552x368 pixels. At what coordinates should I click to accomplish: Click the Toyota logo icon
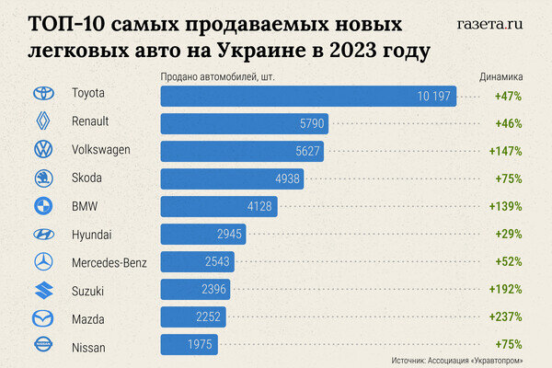coord(42,94)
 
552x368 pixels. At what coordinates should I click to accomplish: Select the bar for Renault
coord(244,123)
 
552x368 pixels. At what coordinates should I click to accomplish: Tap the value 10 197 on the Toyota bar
coord(433,96)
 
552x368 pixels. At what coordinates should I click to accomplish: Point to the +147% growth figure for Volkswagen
coord(506,150)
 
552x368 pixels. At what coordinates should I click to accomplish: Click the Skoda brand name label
coord(86,178)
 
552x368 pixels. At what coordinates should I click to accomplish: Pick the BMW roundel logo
coord(42,206)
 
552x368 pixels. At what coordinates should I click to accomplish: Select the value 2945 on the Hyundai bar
coord(225,234)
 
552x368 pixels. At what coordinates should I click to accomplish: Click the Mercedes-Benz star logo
coord(42,262)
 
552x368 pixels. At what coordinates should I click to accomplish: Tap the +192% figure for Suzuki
coord(506,290)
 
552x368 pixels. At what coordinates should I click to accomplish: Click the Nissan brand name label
coord(88,346)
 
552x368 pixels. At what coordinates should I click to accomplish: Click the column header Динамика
coord(500,77)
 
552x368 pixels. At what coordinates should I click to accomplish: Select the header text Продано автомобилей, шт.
coord(218,77)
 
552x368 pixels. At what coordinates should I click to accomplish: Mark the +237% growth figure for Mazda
coord(506,317)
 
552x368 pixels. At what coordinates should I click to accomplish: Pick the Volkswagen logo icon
coord(42,150)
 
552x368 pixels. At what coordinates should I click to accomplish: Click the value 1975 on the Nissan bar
coord(188,345)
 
